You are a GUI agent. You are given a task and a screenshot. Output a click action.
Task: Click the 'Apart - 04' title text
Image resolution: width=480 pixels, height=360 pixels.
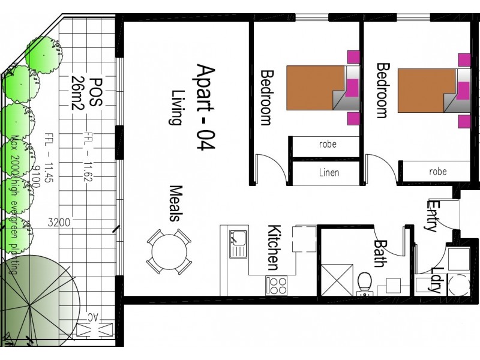pyautogui.click(x=205, y=108)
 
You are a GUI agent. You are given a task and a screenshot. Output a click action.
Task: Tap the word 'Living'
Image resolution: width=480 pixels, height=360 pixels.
pyautogui.click(x=176, y=107)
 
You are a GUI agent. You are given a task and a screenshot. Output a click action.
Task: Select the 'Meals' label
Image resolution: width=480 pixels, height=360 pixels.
pyautogui.click(x=175, y=203)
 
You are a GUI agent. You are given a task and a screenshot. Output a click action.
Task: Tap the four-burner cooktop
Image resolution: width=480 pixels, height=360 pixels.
pyautogui.click(x=277, y=284)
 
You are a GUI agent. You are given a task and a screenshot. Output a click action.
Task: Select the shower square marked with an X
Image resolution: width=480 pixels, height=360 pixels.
pyautogui.click(x=337, y=279)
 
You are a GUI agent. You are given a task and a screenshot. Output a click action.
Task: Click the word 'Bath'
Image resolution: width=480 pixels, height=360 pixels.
pyautogui.click(x=380, y=253)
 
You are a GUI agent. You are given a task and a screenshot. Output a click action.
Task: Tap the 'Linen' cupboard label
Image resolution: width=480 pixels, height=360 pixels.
pyautogui.click(x=328, y=173)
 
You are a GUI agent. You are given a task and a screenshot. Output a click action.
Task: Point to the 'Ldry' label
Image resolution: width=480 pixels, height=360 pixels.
pyautogui.click(x=436, y=280)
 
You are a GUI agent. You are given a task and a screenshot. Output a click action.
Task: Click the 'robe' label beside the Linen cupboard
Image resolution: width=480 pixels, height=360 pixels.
pyautogui.click(x=328, y=144)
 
